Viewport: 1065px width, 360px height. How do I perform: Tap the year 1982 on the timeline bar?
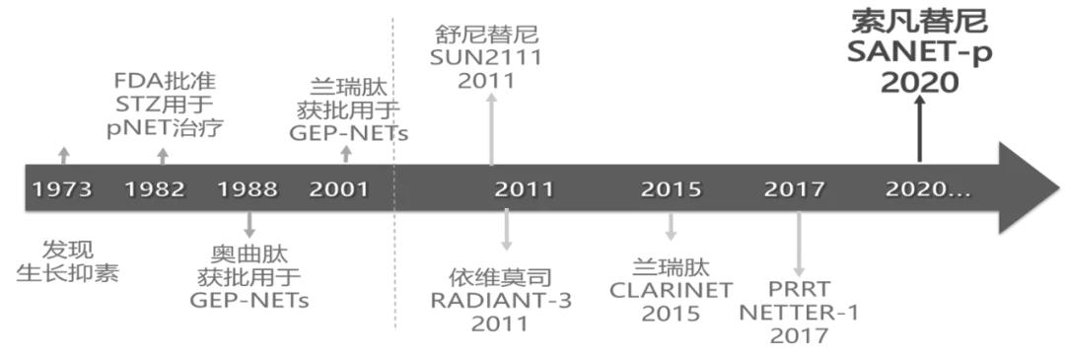(155, 189)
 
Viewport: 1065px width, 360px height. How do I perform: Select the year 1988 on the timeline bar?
(248, 189)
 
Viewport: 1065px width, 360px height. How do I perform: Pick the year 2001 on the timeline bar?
(338, 189)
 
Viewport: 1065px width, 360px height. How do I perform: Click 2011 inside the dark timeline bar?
(524, 189)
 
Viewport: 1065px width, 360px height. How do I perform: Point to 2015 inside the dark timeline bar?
(671, 189)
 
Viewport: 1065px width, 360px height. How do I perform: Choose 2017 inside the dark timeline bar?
(795, 189)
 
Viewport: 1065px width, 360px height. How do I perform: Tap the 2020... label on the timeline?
(927, 189)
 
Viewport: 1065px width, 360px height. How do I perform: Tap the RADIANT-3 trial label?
(500, 299)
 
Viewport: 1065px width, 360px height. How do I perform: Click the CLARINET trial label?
(671, 290)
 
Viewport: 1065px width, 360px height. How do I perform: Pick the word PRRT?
(799, 291)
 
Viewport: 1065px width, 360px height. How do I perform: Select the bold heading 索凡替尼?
(919, 22)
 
